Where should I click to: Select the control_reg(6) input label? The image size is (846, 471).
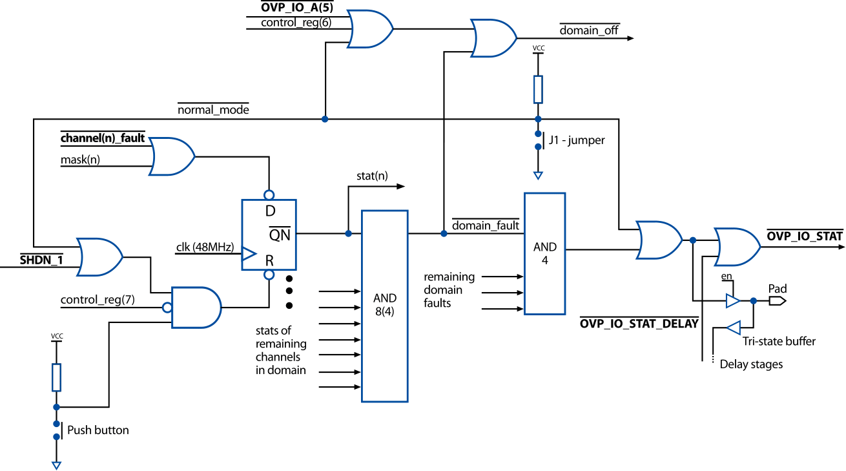point(296,23)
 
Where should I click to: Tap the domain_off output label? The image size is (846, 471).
point(588,30)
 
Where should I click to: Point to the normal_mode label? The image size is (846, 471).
point(213,110)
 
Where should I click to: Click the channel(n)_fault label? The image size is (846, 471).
point(103,138)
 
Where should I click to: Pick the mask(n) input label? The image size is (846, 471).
point(81,159)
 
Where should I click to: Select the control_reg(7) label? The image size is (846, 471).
point(98,300)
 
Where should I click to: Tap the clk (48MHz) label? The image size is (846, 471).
point(204,247)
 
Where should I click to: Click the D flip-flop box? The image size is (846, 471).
point(269,234)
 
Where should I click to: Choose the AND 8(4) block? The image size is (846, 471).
point(384,306)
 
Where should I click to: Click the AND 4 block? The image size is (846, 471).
point(544,253)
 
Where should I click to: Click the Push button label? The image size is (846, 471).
point(98,430)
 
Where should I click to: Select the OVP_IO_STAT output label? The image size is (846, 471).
point(804,236)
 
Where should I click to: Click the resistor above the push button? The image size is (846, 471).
point(56,377)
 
